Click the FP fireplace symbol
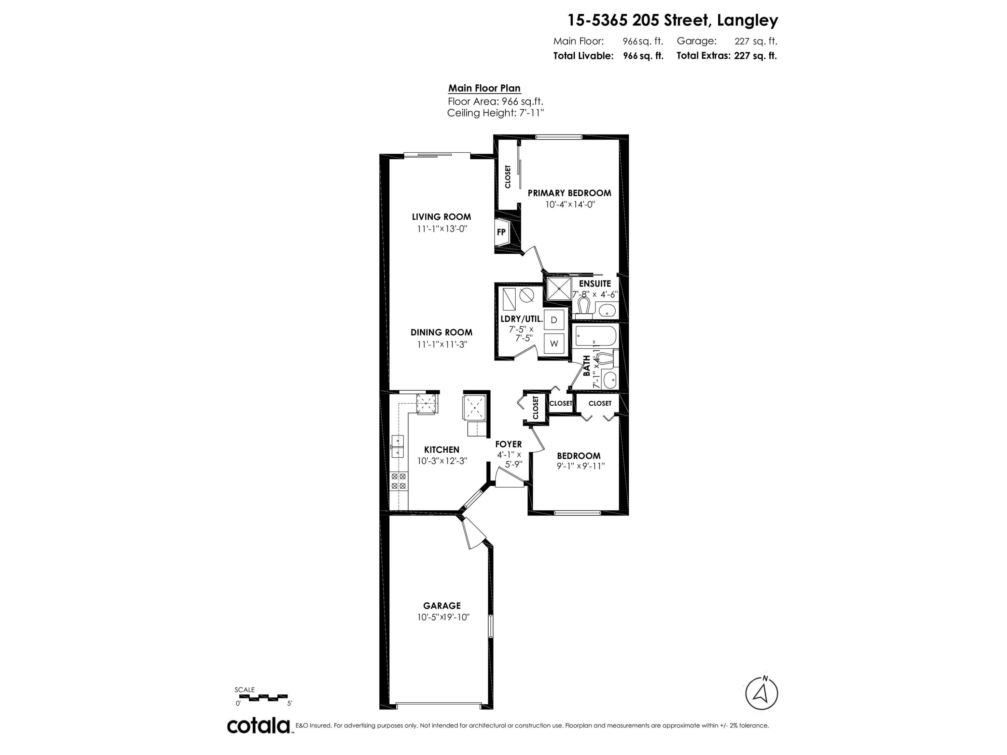tap(501, 232)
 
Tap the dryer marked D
tap(554, 320)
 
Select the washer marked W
tap(554, 344)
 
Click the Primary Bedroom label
tap(569, 193)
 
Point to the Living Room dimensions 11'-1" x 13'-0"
tap(442, 229)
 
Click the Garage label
tap(442, 606)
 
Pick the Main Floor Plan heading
tap(484, 88)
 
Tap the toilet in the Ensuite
tap(583, 307)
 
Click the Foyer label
tap(509, 444)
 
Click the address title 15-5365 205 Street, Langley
tap(672, 20)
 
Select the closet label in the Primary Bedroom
tap(508, 177)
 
